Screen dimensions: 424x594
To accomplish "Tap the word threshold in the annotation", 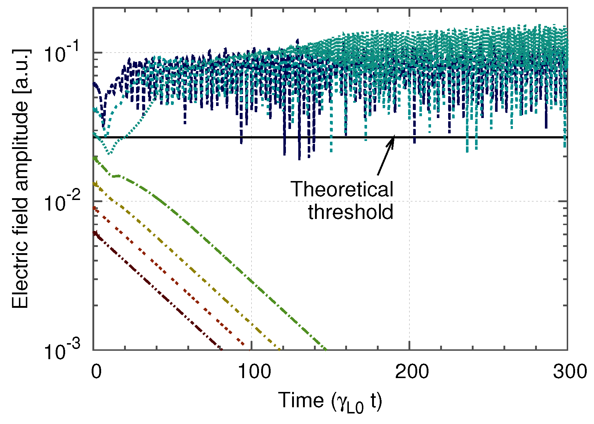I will point(351,211).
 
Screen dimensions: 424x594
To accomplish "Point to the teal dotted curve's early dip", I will point(109,153).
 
